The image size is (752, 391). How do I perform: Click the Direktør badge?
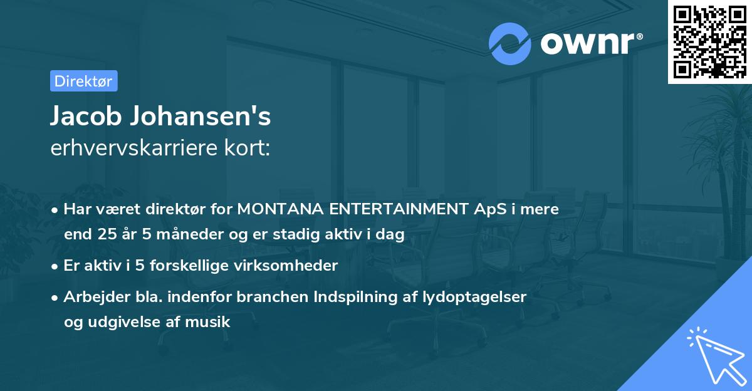pos(83,81)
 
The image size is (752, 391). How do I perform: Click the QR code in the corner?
pos(710,41)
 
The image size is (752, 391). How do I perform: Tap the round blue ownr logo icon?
pos(510,43)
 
